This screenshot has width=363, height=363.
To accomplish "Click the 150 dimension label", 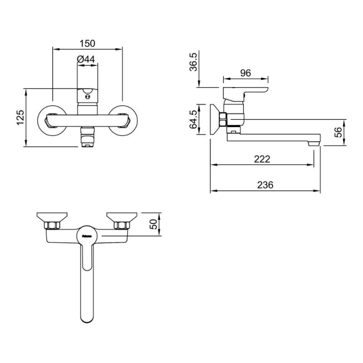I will [x=87, y=44].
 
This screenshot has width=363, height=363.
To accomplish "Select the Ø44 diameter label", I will [x=86, y=59].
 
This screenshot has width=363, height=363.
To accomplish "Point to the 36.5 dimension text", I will [x=193, y=62].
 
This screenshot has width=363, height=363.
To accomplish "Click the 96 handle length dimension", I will [x=245, y=73].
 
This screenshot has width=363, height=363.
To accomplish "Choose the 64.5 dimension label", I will [x=193, y=119].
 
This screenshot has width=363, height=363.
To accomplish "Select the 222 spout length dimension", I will [x=262, y=159].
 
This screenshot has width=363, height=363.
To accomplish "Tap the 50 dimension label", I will [x=153, y=224].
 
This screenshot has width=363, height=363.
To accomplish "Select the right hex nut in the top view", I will [x=121, y=225].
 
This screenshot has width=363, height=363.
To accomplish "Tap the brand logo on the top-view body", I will [x=87, y=236].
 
